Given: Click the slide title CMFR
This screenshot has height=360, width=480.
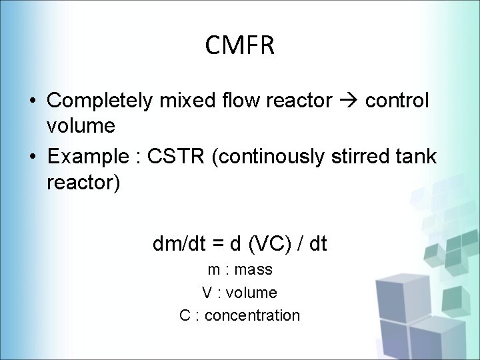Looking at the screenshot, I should click(x=240, y=46).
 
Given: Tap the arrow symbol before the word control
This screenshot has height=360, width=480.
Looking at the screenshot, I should click(x=348, y=101).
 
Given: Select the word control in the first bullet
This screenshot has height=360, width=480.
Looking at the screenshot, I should click(x=397, y=101).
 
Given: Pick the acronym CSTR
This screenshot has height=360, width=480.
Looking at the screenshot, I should click(x=177, y=157).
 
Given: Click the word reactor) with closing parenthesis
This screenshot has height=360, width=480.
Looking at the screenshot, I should click(x=84, y=182).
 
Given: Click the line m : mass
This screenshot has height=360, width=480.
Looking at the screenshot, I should click(x=239, y=270).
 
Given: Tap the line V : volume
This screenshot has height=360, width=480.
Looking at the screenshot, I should click(x=239, y=293).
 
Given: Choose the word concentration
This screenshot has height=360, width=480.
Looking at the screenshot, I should click(x=252, y=315).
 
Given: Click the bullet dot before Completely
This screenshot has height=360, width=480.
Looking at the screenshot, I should click(x=32, y=101).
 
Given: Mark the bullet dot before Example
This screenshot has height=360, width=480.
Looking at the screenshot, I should click(x=32, y=158).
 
